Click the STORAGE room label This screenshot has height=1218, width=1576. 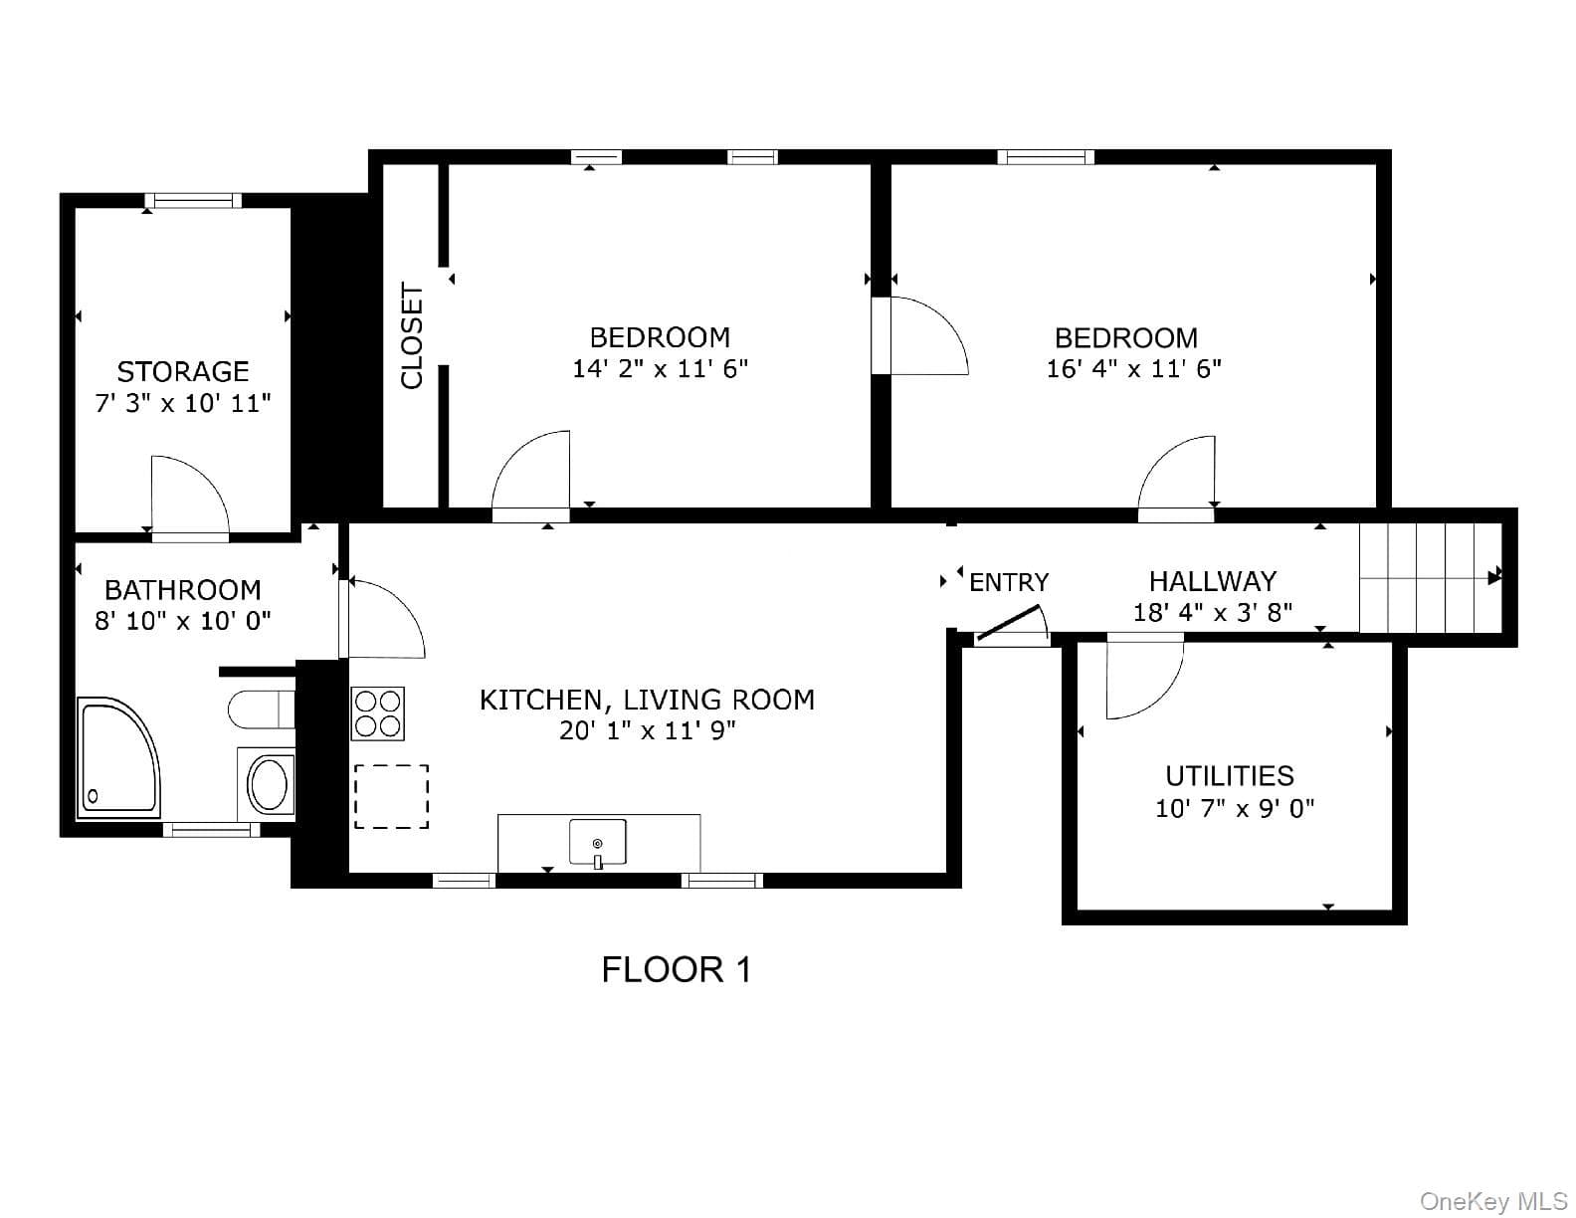coord(183,371)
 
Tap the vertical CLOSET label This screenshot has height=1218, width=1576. coord(411,336)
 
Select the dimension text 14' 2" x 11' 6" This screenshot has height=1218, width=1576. coord(660,368)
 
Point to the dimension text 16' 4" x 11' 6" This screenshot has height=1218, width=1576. coord(1133,368)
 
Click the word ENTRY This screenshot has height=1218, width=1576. coord(1009,582)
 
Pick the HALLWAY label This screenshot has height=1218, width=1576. coord(1213,581)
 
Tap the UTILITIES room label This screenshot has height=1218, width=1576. coord(1230,776)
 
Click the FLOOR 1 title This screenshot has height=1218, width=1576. coord(676,970)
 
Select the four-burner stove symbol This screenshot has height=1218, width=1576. coord(378,713)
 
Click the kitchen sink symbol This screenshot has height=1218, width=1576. coord(598,842)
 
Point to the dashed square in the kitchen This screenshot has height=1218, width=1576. coord(392,796)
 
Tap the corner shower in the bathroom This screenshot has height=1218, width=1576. coord(118,757)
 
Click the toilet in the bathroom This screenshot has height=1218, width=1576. coord(261,709)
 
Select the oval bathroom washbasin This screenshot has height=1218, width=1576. coord(269,784)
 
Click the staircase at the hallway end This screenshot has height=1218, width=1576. coord(1430,577)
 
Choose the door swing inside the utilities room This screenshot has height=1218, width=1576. coord(1144,676)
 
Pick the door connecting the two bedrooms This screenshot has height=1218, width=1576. coord(919,335)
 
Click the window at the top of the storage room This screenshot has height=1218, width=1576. coord(193,200)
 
